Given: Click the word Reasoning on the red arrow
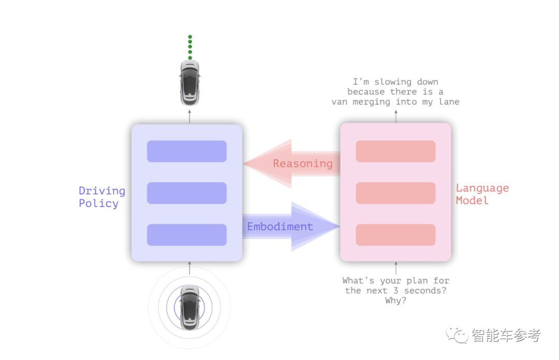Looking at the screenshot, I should pyautogui.click(x=303, y=164).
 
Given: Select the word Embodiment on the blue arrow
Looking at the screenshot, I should pyautogui.click(x=280, y=227).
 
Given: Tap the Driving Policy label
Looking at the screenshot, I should pyautogui.click(x=101, y=197).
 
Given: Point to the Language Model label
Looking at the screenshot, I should pyautogui.click(x=482, y=194).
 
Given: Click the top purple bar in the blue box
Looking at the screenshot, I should pyautogui.click(x=187, y=151).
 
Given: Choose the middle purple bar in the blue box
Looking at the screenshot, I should pyautogui.click(x=187, y=193).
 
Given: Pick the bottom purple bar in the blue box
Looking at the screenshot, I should pyautogui.click(x=187, y=235).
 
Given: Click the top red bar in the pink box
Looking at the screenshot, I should pyautogui.click(x=395, y=151).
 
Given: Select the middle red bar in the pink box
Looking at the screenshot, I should pyautogui.click(x=395, y=193).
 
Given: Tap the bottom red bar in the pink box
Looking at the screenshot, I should pyautogui.click(x=395, y=235).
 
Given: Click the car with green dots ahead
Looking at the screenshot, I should pyautogui.click(x=189, y=83).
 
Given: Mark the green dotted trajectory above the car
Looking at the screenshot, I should pyautogui.click(x=190, y=47).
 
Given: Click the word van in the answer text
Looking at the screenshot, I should pyautogui.click(x=340, y=102).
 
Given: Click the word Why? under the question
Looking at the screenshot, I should pyautogui.click(x=395, y=300).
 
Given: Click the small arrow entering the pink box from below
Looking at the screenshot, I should pyautogui.click(x=396, y=268).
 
